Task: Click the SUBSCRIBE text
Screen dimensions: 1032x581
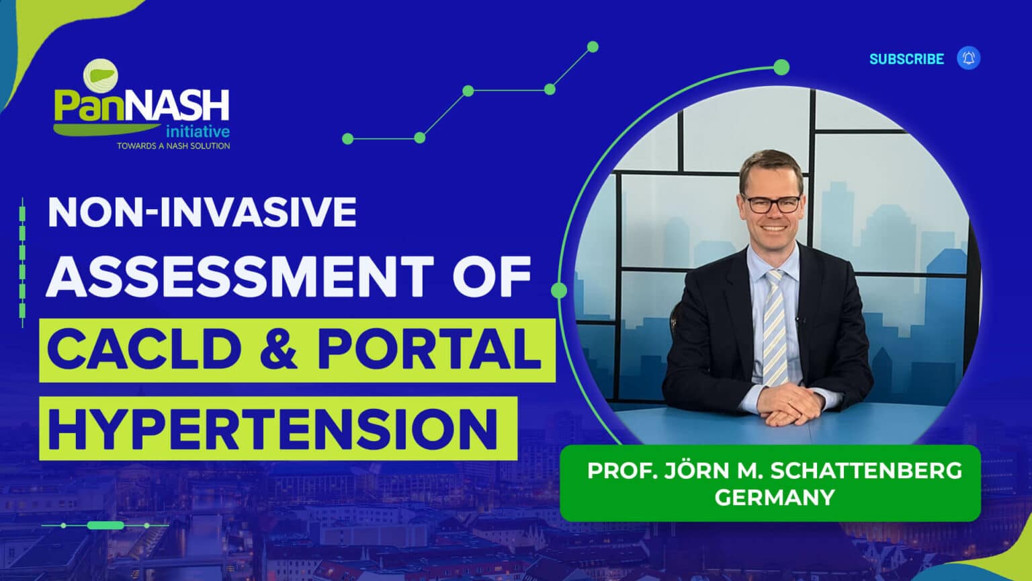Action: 906,59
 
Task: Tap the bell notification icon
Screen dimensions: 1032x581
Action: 968,58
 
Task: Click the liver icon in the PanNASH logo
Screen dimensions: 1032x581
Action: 100,76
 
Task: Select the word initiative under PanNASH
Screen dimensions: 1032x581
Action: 198,132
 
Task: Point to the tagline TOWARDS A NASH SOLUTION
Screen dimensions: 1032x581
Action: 173,146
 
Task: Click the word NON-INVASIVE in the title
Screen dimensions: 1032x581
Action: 202,212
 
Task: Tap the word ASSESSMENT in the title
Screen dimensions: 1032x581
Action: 240,276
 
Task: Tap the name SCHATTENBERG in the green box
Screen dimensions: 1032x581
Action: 866,471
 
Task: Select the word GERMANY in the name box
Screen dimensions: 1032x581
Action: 775,498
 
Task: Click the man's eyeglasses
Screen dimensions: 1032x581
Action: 773,203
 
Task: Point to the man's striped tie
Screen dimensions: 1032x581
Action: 775,327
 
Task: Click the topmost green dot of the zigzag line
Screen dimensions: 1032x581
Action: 593,46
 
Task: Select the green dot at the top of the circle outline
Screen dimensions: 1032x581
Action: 781,67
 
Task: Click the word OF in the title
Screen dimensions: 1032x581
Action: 492,276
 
